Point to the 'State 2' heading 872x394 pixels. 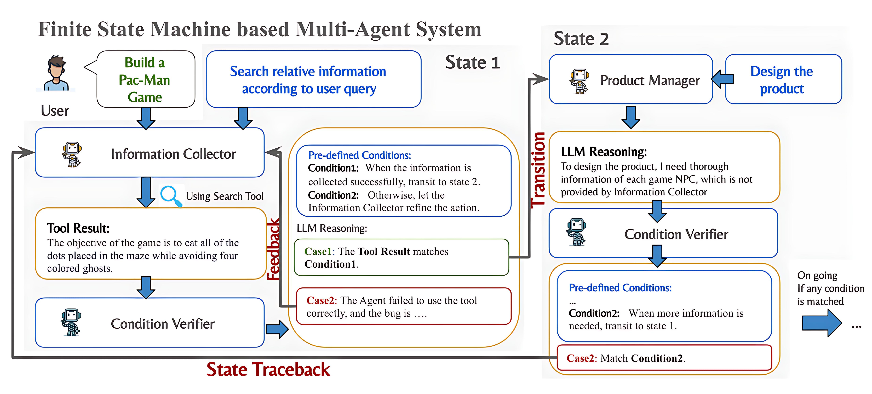581,39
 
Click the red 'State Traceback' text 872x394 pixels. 268,369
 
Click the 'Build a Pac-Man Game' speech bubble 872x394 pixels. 146,80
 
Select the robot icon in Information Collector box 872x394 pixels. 72,155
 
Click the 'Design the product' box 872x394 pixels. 783,80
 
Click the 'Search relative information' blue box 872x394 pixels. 313,80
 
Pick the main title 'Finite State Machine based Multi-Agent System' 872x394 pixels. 260,29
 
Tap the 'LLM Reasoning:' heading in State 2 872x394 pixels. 604,152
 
